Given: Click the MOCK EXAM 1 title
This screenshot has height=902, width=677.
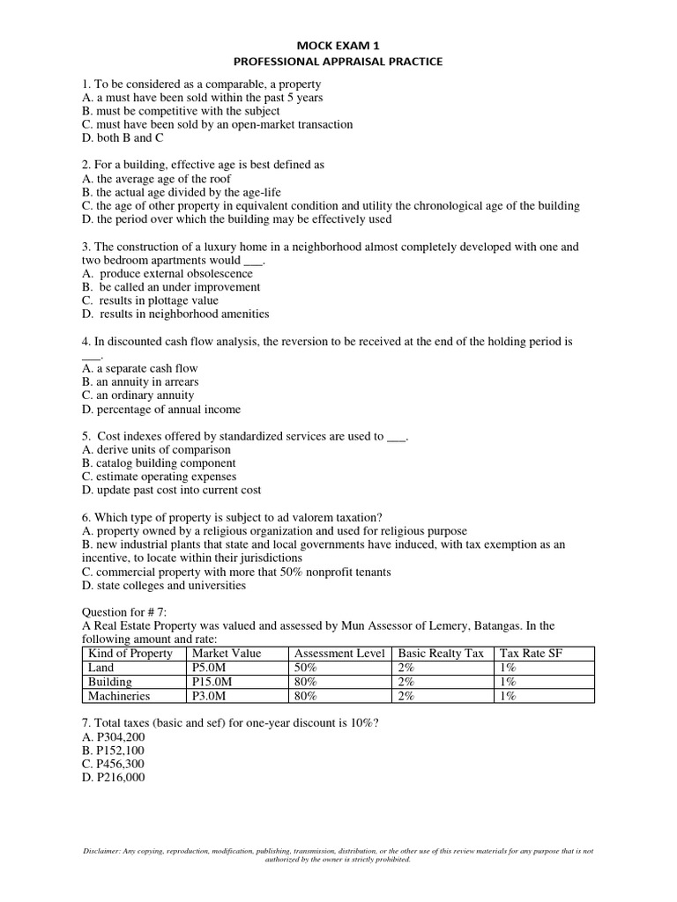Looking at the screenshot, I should [338, 44].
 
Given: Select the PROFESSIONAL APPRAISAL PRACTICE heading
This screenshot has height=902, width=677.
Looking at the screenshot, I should [338, 62].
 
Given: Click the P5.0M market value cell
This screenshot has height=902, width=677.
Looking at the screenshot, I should [212, 667].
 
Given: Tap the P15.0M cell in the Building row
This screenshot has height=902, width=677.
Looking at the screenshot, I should [214, 681].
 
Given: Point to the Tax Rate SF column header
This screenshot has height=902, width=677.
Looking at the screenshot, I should [531, 653].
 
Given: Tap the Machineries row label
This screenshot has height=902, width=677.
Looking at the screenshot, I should [119, 695].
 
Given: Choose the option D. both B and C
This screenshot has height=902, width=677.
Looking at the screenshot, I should [123, 138].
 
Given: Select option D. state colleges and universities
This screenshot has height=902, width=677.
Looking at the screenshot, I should [164, 585].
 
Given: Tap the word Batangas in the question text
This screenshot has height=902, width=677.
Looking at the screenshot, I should [505, 625].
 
